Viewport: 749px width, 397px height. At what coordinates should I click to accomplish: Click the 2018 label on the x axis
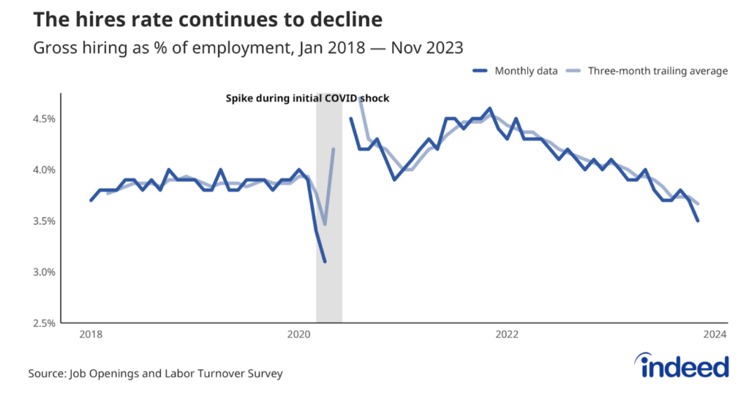pyautogui.click(x=91, y=336)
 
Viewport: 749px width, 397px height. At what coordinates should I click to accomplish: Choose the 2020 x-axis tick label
pyautogui.click(x=298, y=336)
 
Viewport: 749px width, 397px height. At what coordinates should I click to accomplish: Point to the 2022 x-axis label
pyautogui.click(x=507, y=336)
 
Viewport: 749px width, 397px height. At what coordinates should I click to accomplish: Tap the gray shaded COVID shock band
pyautogui.click(x=329, y=292)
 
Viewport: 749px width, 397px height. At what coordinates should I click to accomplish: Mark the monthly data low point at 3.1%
pyautogui.click(x=325, y=262)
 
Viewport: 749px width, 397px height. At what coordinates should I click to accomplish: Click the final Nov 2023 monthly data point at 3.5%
pyautogui.click(x=698, y=221)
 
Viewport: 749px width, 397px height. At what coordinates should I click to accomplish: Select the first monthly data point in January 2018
pyautogui.click(x=91, y=200)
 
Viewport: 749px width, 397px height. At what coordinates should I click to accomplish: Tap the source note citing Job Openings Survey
pyautogui.click(x=155, y=374)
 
